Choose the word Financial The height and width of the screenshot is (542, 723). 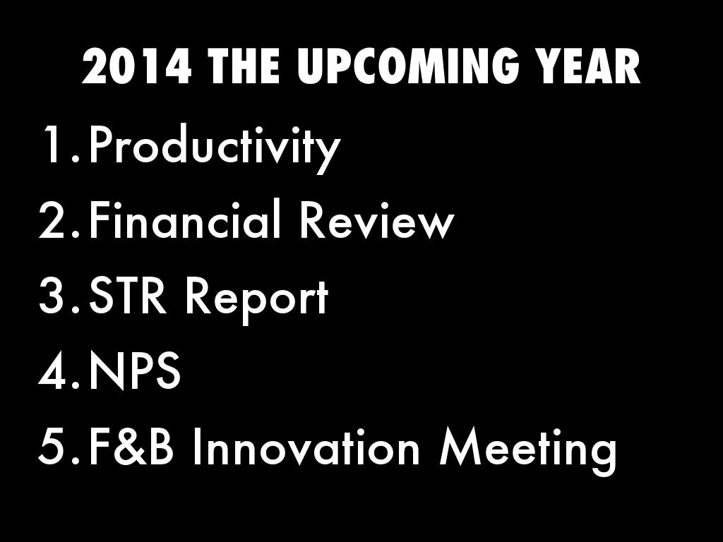point(184,218)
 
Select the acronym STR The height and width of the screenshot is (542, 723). point(127,296)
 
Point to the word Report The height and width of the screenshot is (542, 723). point(257,299)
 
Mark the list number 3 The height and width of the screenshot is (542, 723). point(59,296)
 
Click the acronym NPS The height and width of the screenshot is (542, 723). point(134,371)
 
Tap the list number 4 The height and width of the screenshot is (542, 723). point(59,371)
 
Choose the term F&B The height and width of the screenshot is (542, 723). point(131,447)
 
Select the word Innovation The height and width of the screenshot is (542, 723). point(306,446)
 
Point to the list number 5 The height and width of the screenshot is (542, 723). point(59,447)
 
